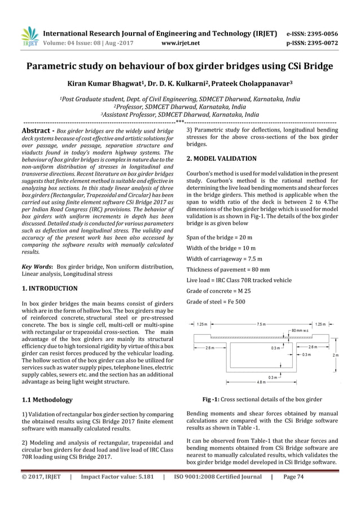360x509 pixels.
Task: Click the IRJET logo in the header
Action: (x=29, y=36)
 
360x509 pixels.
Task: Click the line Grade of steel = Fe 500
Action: (x=216, y=301)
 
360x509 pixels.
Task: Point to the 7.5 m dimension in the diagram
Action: (x=261, y=324)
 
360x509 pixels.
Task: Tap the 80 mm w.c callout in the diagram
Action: (x=298, y=331)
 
